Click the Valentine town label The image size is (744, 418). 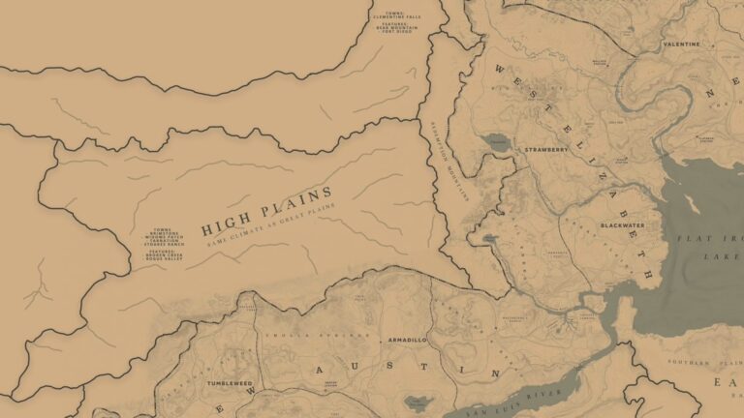coord(680,45)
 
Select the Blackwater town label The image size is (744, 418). coord(620,224)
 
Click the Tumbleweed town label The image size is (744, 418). coord(229,384)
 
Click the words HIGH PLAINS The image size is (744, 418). coord(266,212)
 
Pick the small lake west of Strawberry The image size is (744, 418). coord(498,143)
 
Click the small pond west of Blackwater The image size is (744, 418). coord(490,237)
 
